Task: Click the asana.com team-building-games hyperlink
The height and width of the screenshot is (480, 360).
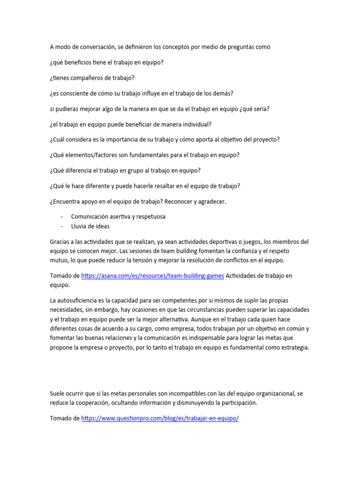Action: pos(152,276)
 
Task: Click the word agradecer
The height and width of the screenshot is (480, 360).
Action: pos(209,201)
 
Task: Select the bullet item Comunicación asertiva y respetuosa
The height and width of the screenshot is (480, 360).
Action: pos(118,217)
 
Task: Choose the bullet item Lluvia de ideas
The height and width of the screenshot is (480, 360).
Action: pos(90,226)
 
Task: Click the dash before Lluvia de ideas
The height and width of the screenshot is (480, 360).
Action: pos(62,226)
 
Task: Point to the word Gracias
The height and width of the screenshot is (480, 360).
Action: pos(60,241)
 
